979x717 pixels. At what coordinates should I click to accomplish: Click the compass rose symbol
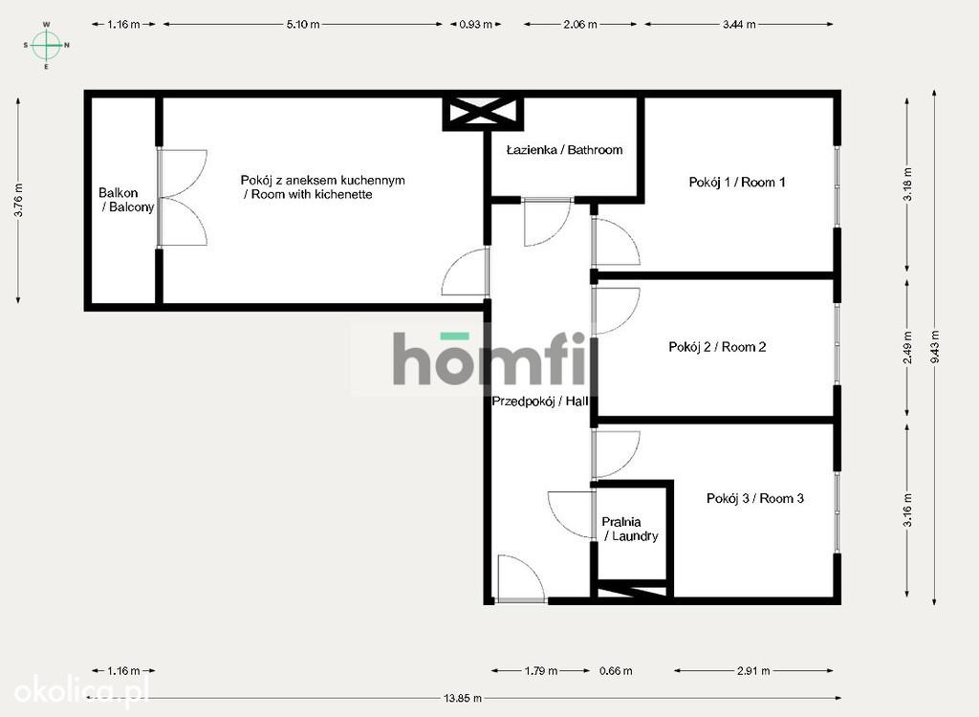click(x=46, y=45)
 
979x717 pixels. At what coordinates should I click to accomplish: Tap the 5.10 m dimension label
click(x=303, y=24)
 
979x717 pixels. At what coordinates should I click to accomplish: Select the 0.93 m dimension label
click(x=476, y=24)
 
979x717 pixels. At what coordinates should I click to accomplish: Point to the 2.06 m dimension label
click(x=580, y=24)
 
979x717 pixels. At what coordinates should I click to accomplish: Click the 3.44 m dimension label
click(x=739, y=24)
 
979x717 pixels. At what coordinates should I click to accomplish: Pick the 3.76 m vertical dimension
click(x=19, y=201)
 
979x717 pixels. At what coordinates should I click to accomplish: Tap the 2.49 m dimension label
click(x=908, y=347)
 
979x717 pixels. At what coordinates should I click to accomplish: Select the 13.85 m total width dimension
click(x=463, y=698)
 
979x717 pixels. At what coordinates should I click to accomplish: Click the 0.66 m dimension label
click(x=616, y=671)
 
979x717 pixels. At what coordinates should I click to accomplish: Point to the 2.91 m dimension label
click(x=753, y=671)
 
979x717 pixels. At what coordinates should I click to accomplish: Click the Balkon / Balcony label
click(x=126, y=200)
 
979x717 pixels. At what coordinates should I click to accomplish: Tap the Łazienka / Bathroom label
click(x=564, y=150)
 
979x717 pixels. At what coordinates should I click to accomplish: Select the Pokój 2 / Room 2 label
click(x=717, y=347)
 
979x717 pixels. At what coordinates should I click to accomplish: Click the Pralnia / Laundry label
click(x=629, y=529)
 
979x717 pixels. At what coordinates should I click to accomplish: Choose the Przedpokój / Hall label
click(x=539, y=402)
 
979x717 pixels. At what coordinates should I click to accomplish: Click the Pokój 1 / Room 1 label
click(x=737, y=182)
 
